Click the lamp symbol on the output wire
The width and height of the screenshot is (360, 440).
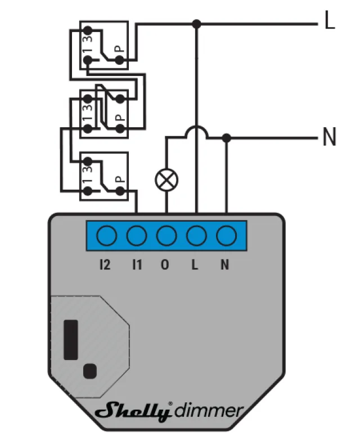click(166, 180)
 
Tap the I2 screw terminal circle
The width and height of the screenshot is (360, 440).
click(107, 236)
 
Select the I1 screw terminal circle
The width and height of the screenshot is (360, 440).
click(137, 236)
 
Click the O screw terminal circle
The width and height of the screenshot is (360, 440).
click(166, 236)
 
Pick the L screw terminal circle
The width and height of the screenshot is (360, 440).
click(196, 236)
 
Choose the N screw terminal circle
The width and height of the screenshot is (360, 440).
click(227, 236)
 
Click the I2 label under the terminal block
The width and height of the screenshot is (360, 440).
click(105, 264)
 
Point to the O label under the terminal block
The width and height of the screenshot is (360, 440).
click(165, 264)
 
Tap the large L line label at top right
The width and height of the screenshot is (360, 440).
click(330, 20)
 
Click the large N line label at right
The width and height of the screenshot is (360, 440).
click(330, 136)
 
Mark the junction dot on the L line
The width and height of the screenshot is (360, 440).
click(196, 24)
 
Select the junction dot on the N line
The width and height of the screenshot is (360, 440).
click(227, 138)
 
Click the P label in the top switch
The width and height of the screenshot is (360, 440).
click(120, 49)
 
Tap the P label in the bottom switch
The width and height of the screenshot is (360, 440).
click(120, 179)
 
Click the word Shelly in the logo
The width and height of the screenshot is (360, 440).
click(133, 411)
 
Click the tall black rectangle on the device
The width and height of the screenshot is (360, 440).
click(71, 340)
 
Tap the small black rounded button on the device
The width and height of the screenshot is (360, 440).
click(90, 371)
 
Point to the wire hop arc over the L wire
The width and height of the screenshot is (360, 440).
click(196, 132)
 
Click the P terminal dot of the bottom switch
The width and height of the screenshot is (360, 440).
click(120, 191)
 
